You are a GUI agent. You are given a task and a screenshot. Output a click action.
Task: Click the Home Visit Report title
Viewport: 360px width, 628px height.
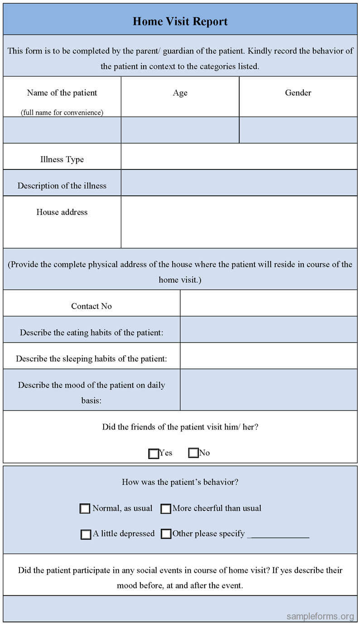pyautogui.click(x=180, y=21)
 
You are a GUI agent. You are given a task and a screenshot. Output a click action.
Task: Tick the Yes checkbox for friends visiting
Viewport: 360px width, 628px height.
pyautogui.click(x=154, y=453)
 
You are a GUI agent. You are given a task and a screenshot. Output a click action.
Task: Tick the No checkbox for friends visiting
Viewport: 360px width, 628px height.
pyautogui.click(x=193, y=453)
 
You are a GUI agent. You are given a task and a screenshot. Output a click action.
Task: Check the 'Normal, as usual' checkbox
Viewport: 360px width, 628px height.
pyautogui.click(x=85, y=508)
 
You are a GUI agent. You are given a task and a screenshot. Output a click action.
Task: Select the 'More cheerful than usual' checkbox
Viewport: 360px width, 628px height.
pyautogui.click(x=166, y=508)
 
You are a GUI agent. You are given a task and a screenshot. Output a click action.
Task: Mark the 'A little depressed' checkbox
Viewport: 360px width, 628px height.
pyautogui.click(x=86, y=534)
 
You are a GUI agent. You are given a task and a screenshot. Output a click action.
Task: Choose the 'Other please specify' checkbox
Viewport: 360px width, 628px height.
pyautogui.click(x=166, y=534)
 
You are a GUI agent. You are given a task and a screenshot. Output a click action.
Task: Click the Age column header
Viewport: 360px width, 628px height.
pyautogui.click(x=180, y=93)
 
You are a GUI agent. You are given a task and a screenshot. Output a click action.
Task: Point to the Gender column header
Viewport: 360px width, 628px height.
pyautogui.click(x=298, y=93)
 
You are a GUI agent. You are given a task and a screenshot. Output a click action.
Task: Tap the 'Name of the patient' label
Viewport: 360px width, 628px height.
pyautogui.click(x=62, y=93)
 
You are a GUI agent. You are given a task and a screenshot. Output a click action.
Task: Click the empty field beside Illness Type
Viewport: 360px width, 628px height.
pyautogui.click(x=239, y=157)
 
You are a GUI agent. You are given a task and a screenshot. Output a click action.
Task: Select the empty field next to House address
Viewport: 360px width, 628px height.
pyautogui.click(x=239, y=222)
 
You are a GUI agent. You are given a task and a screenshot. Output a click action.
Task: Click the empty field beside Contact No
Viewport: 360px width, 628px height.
pyautogui.click(x=269, y=303)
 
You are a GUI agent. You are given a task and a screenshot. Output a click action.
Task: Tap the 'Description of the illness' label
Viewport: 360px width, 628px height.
pyautogui.click(x=62, y=186)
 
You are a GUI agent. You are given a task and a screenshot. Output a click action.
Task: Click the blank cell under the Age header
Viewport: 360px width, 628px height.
pyautogui.click(x=180, y=130)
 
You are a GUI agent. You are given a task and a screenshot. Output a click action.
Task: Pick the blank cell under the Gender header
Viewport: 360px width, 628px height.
pyautogui.click(x=298, y=130)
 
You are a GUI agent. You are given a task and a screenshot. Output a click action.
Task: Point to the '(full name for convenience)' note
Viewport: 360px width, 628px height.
pyautogui.click(x=62, y=112)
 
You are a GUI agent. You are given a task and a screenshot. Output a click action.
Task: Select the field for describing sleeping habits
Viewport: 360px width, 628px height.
pyautogui.click(x=269, y=356)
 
